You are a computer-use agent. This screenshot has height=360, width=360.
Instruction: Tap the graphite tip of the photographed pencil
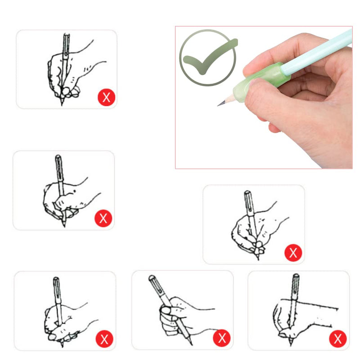219,104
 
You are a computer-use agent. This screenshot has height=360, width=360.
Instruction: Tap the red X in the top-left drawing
106,97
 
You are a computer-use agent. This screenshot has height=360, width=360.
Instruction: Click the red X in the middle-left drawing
103,219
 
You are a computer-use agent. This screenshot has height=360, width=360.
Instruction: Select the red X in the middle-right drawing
293,252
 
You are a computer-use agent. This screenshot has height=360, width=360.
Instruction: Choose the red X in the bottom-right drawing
337,338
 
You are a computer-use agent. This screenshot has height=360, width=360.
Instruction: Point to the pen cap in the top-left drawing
66,43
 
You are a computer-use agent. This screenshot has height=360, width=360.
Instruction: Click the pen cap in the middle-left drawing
58,164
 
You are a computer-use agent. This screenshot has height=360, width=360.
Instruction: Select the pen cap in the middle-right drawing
248,200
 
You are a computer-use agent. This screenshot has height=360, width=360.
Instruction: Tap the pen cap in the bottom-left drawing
56,286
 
